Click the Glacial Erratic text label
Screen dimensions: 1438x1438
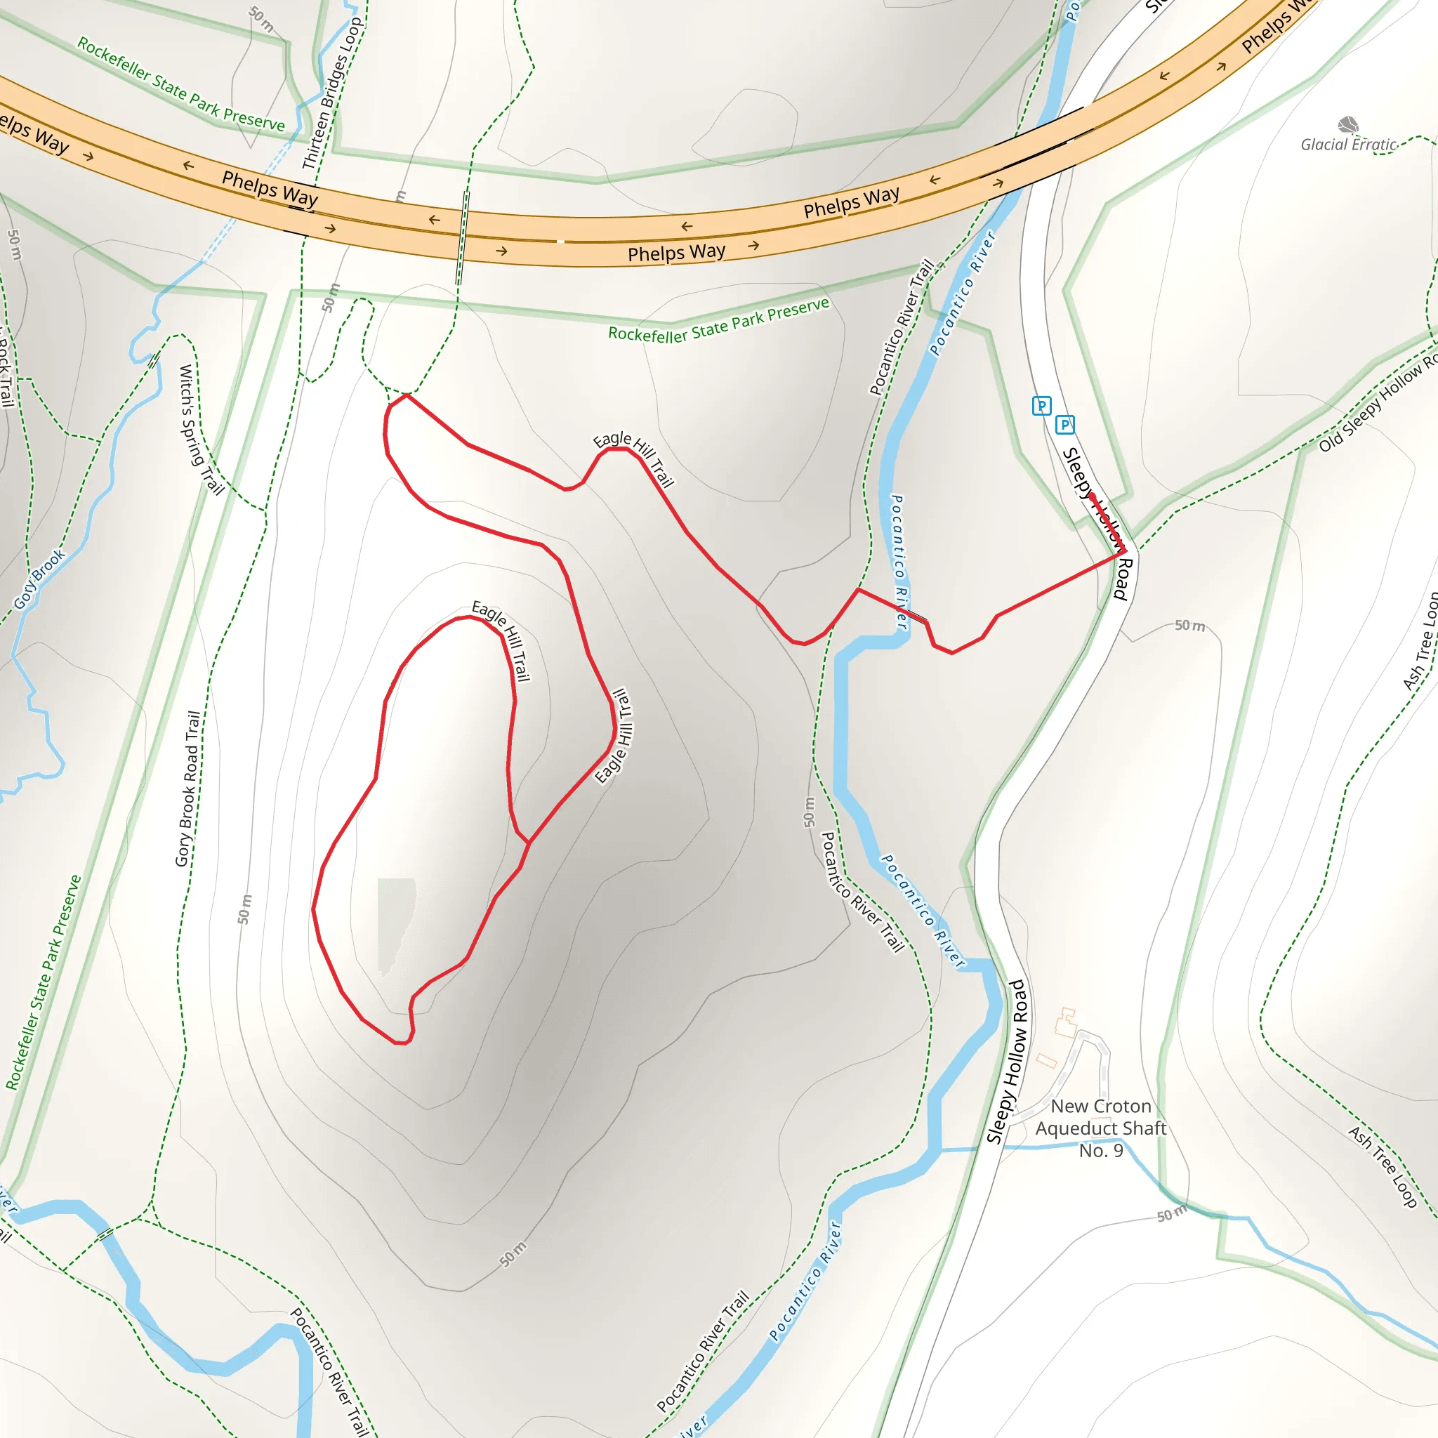tap(1348, 145)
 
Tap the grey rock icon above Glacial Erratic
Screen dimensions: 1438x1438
tap(1348, 124)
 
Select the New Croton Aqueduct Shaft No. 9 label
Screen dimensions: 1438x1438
tap(1101, 1128)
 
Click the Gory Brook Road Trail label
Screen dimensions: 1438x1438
tap(187, 789)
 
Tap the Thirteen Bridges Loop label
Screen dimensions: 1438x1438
tap(332, 94)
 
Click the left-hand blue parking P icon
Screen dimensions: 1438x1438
tap(1041, 406)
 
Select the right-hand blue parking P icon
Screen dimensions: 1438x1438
tap(1065, 425)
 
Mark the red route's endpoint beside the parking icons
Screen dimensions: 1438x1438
tap(1092, 496)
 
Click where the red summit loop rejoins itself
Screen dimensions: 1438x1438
tap(529, 843)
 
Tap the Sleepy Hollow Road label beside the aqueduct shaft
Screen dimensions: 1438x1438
tap(1007, 1062)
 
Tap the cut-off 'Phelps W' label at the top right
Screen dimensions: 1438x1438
tap(1277, 28)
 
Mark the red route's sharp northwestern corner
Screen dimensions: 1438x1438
tap(407, 395)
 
